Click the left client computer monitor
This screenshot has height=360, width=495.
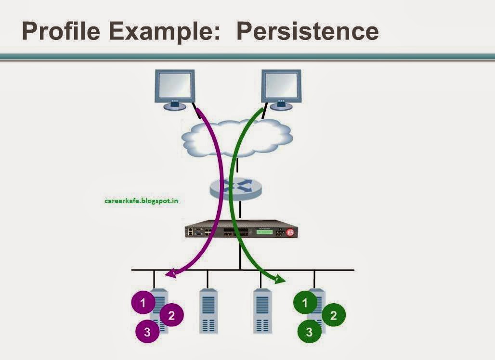(174, 88)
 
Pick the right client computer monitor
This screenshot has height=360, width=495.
(281, 88)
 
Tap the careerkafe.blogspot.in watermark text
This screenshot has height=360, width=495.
(141, 200)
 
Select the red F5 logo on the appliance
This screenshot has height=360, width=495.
(290, 232)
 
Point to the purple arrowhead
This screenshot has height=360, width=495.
(169, 274)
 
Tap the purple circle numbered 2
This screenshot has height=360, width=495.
(172, 316)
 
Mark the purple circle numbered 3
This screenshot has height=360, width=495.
(147, 331)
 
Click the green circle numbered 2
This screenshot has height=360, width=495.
(333, 316)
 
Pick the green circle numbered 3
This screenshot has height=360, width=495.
(310, 331)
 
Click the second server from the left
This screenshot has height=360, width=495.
(208, 312)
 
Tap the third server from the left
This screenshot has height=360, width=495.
(262, 312)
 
